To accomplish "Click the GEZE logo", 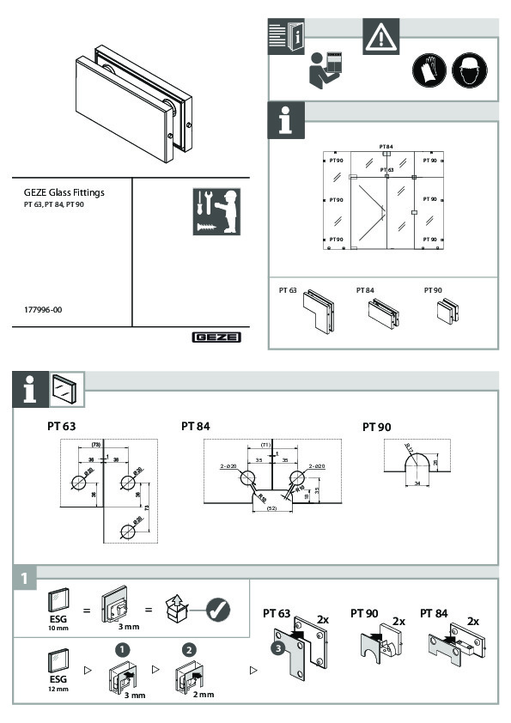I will [x=216, y=337].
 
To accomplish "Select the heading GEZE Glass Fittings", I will [x=64, y=193].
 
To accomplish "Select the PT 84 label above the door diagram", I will [x=386, y=147].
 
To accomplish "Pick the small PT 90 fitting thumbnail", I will [x=447, y=310].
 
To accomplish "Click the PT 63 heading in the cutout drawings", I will [x=63, y=426].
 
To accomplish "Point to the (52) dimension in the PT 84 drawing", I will [x=271, y=508].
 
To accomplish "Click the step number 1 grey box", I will [x=26, y=580].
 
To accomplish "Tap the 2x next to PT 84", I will [x=473, y=620].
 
